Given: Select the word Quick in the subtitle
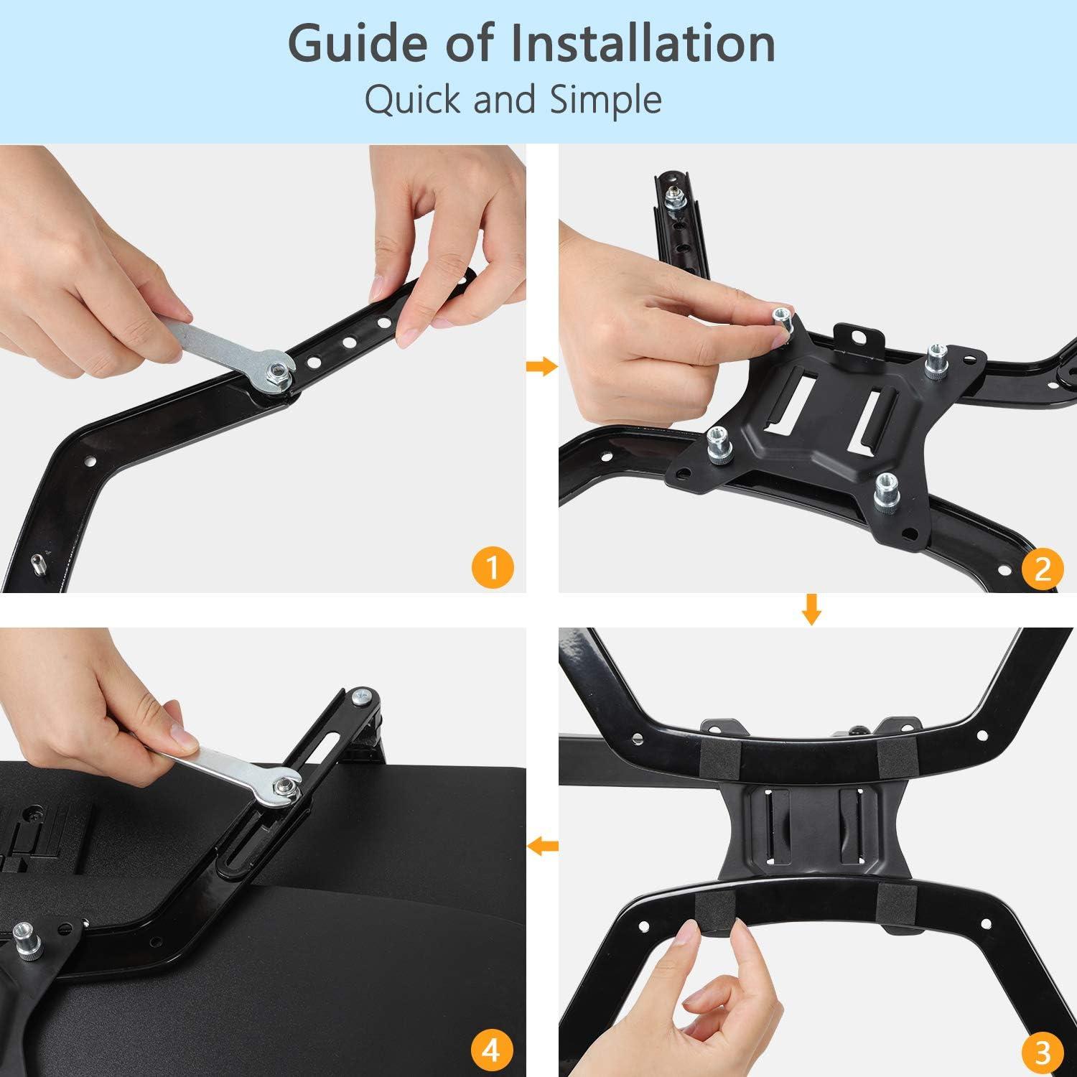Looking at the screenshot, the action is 413,101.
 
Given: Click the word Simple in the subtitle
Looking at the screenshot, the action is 606,101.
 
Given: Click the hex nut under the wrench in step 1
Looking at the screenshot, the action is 275,371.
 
